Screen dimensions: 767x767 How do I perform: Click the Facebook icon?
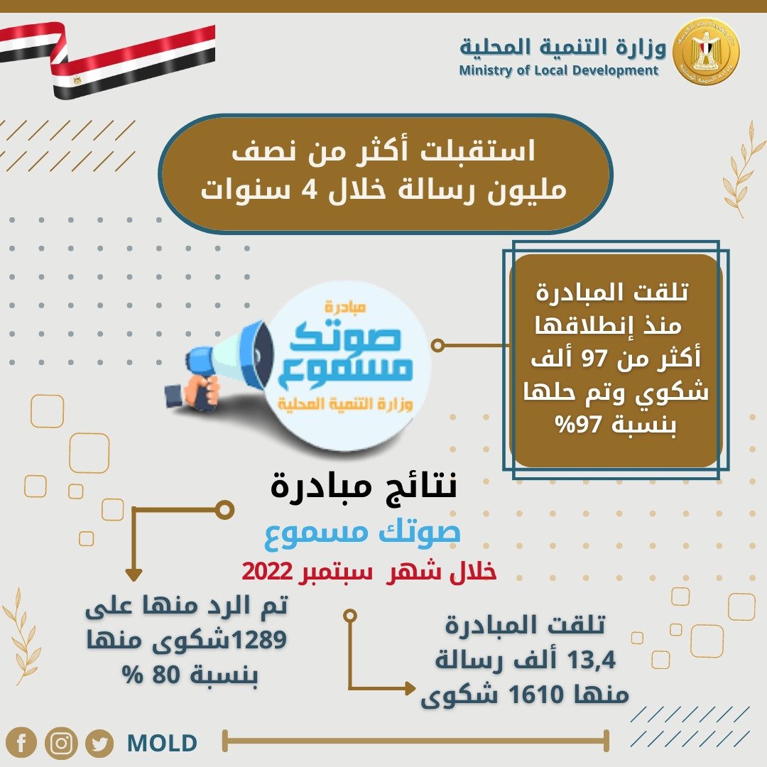point(21,743)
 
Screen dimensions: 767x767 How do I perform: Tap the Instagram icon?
point(61,743)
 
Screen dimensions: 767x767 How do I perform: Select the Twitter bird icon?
point(100,744)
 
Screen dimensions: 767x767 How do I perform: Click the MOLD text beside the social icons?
point(162,743)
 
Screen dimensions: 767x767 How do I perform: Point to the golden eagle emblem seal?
point(706,51)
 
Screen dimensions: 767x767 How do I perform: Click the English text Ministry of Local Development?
point(559,70)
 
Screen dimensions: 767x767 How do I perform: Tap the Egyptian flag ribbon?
point(108,59)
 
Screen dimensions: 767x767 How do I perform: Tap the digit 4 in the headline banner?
point(310,190)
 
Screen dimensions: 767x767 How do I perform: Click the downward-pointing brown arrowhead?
point(134,575)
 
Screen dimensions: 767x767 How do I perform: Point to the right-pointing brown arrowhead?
point(410,688)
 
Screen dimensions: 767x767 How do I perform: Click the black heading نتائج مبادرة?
point(364,486)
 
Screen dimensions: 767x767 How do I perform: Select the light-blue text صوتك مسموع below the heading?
point(362,533)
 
